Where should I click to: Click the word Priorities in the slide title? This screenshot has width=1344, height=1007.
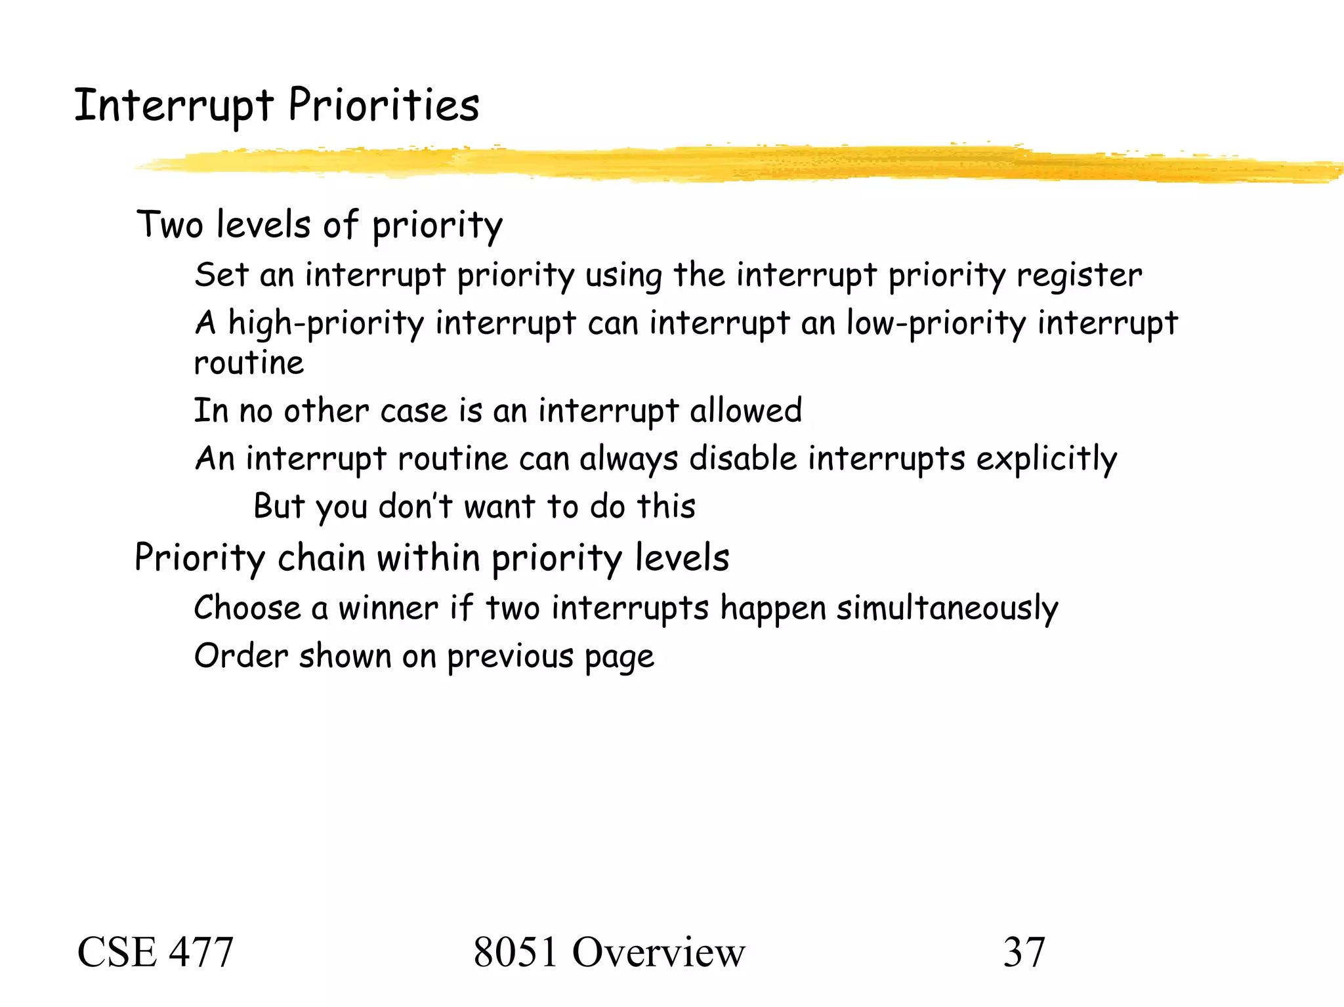pyautogui.click(x=384, y=106)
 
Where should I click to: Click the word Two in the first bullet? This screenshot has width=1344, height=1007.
pyautogui.click(x=169, y=225)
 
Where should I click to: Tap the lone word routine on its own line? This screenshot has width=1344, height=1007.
pyautogui.click(x=249, y=363)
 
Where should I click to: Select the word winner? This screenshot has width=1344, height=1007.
pyautogui.click(x=388, y=608)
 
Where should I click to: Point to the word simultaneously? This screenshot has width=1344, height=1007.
pyautogui.click(x=947, y=609)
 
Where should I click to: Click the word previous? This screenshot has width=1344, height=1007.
pyautogui.click(x=510, y=657)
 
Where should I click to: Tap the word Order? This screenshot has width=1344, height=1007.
pyautogui.click(x=241, y=656)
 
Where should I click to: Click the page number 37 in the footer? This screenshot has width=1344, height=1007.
pyautogui.click(x=1024, y=952)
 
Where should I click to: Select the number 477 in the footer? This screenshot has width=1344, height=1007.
pyautogui.click(x=201, y=952)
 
